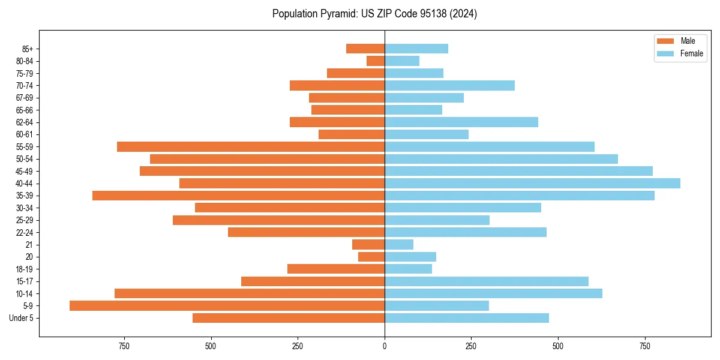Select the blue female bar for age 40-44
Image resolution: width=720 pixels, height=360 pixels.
pyautogui.click(x=532, y=183)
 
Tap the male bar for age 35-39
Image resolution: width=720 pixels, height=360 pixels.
pyautogui.click(x=238, y=196)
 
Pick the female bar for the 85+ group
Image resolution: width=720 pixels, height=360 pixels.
pyautogui.click(x=416, y=49)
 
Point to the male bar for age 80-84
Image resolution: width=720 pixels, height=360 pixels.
pyautogui.click(x=376, y=61)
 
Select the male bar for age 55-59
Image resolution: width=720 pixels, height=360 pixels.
pyautogui.click(x=251, y=146)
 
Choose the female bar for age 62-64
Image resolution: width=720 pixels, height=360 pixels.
pyautogui.click(x=461, y=122)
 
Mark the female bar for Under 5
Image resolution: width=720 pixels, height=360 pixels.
pyautogui.click(x=467, y=318)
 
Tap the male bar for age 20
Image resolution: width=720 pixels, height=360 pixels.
pyautogui.click(x=371, y=257)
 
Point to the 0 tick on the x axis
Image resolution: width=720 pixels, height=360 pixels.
pyautogui.click(x=385, y=346)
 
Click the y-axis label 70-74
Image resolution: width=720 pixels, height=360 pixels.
pyautogui.click(x=25, y=85)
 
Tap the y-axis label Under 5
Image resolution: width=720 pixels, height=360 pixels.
pyautogui.click(x=22, y=318)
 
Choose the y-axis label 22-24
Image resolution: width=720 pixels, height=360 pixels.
pyautogui.click(x=25, y=232)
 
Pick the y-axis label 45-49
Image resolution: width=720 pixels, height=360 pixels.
pyautogui.click(x=25, y=171)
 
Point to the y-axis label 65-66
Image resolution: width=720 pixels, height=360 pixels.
pyautogui.click(x=25, y=110)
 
